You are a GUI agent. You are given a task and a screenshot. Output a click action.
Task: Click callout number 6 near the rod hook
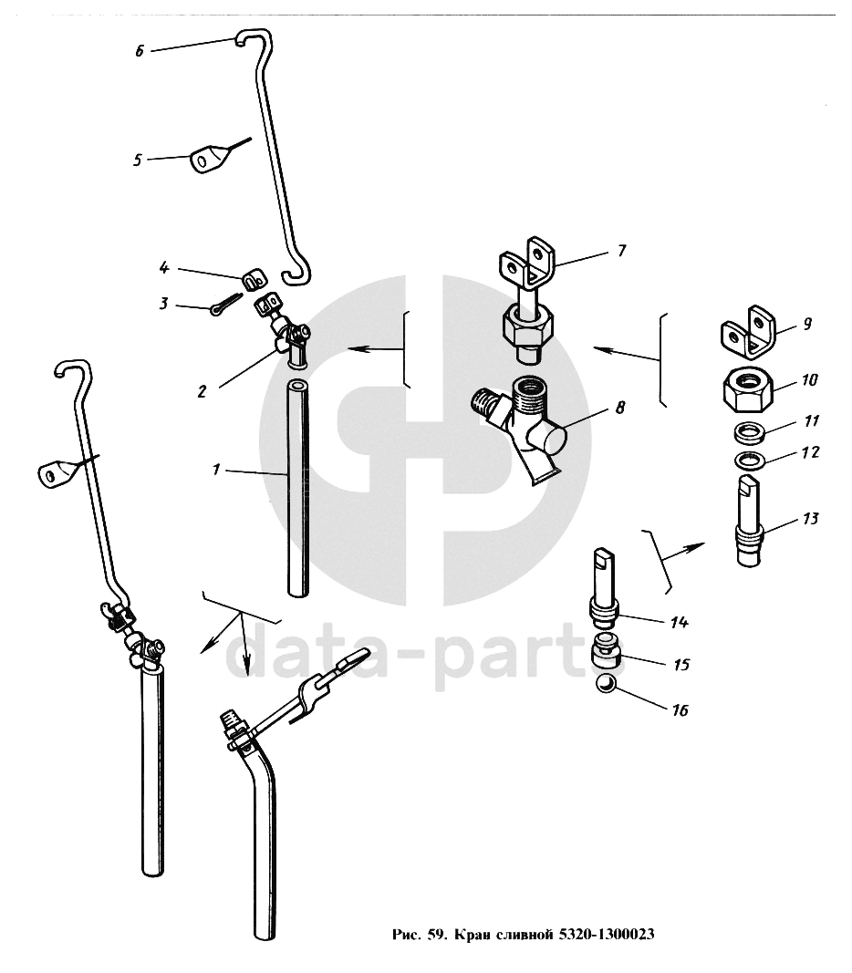140,51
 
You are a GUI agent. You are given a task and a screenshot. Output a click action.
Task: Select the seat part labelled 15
607,651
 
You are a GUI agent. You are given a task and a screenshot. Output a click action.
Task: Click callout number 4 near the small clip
164,267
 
